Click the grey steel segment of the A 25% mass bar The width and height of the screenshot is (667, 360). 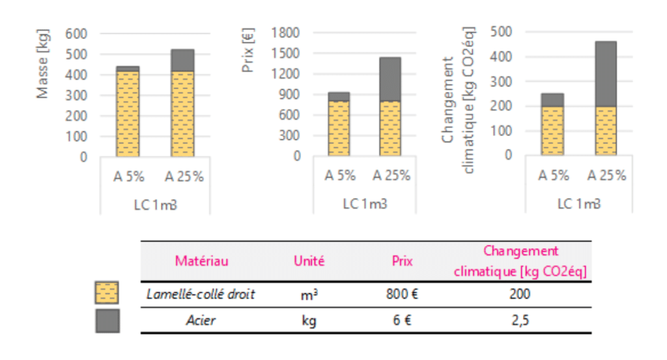click(x=182, y=60)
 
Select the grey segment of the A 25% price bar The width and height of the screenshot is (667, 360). click(x=390, y=79)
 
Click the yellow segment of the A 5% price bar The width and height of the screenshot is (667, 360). click(x=338, y=128)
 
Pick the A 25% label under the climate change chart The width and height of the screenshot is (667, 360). click(x=606, y=176)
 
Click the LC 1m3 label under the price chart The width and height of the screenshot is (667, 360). click(x=365, y=204)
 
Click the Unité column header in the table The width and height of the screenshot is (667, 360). click(x=309, y=262)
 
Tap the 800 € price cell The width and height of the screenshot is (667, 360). click(x=402, y=294)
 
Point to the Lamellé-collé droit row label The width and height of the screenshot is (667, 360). click(x=201, y=294)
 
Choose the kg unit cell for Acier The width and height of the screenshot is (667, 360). click(x=309, y=321)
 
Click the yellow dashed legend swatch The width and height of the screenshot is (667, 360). click(x=106, y=294)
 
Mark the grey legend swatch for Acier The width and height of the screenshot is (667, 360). click(x=106, y=320)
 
